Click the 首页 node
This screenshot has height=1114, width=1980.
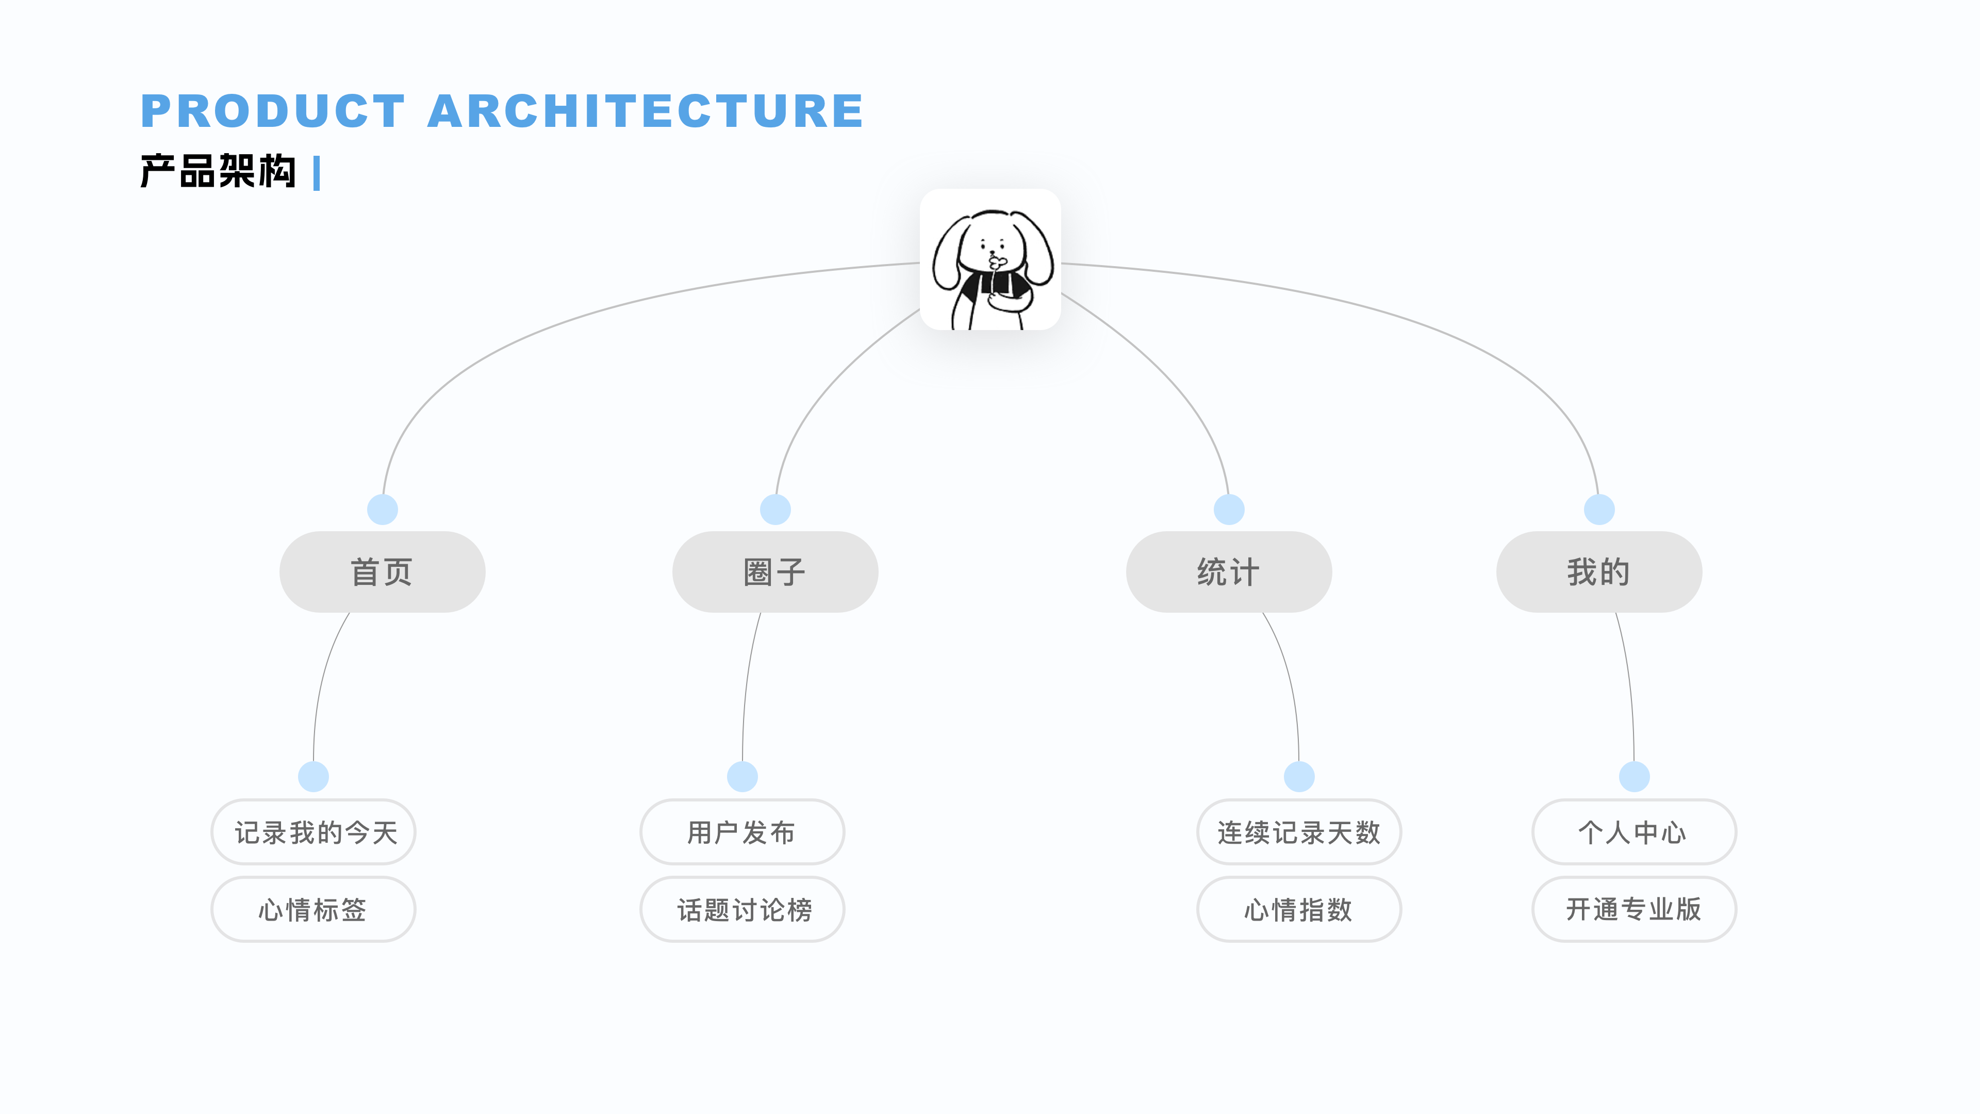pyautogui.click(x=382, y=572)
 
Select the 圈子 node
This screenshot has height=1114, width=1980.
pyautogui.click(x=775, y=572)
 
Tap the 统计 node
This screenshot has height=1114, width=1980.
pyautogui.click(x=1228, y=572)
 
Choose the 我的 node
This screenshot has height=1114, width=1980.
pyautogui.click(x=1599, y=572)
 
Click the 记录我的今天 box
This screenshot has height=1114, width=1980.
pyautogui.click(x=313, y=832)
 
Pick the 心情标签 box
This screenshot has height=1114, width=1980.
pyautogui.click(x=313, y=909)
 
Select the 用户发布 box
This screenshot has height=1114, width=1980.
pyautogui.click(x=742, y=832)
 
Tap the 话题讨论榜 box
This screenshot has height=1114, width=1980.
pyautogui.click(x=742, y=909)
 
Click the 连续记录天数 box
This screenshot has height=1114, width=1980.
pyautogui.click(x=1299, y=832)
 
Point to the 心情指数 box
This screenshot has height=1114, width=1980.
pyautogui.click(x=1299, y=909)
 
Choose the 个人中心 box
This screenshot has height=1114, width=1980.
pyautogui.click(x=1634, y=832)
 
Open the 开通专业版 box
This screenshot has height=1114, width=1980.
pyautogui.click(x=1634, y=909)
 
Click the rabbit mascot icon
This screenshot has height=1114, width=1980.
pyautogui.click(x=990, y=260)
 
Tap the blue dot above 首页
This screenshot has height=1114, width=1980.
pyautogui.click(x=382, y=509)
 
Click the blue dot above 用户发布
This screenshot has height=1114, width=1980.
pyautogui.click(x=742, y=777)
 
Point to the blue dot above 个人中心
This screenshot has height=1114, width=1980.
pyautogui.click(x=1634, y=777)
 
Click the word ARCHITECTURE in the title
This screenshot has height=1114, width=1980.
pyautogui.click(x=646, y=111)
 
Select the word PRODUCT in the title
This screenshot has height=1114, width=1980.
pyautogui.click(x=273, y=111)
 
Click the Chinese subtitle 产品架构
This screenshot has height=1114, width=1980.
pyautogui.click(x=218, y=171)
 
